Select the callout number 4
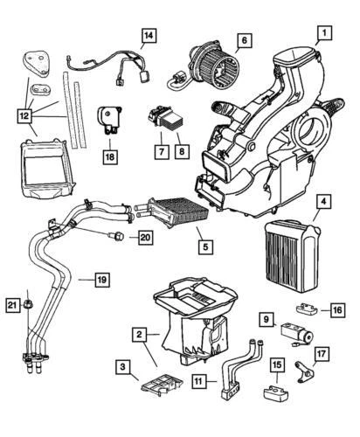click(x=323, y=204)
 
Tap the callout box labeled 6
click(x=244, y=39)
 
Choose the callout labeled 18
click(x=109, y=157)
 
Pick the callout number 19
click(x=101, y=280)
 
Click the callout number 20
click(x=144, y=236)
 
